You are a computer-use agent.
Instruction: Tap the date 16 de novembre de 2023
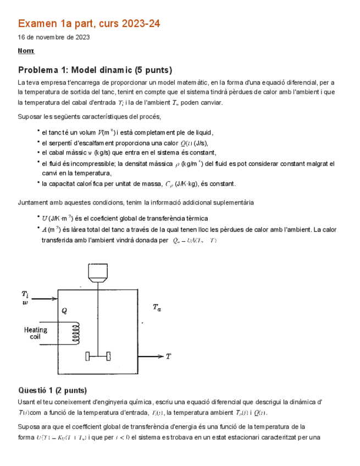pos(54,37)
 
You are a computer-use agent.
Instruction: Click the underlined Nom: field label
pos(26,51)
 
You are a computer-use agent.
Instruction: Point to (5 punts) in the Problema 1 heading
pos(153,70)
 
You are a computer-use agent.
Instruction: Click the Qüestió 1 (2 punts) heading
pos(52,390)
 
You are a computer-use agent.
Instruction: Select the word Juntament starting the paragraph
pos(35,203)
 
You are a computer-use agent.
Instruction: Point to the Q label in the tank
pos(64,310)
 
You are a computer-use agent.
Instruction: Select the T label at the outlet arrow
pos(168,356)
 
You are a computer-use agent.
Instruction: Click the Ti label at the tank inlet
pos(25,293)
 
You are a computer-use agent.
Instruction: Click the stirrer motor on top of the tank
pos(98,273)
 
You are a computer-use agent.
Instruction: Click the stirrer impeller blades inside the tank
pos(98,356)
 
